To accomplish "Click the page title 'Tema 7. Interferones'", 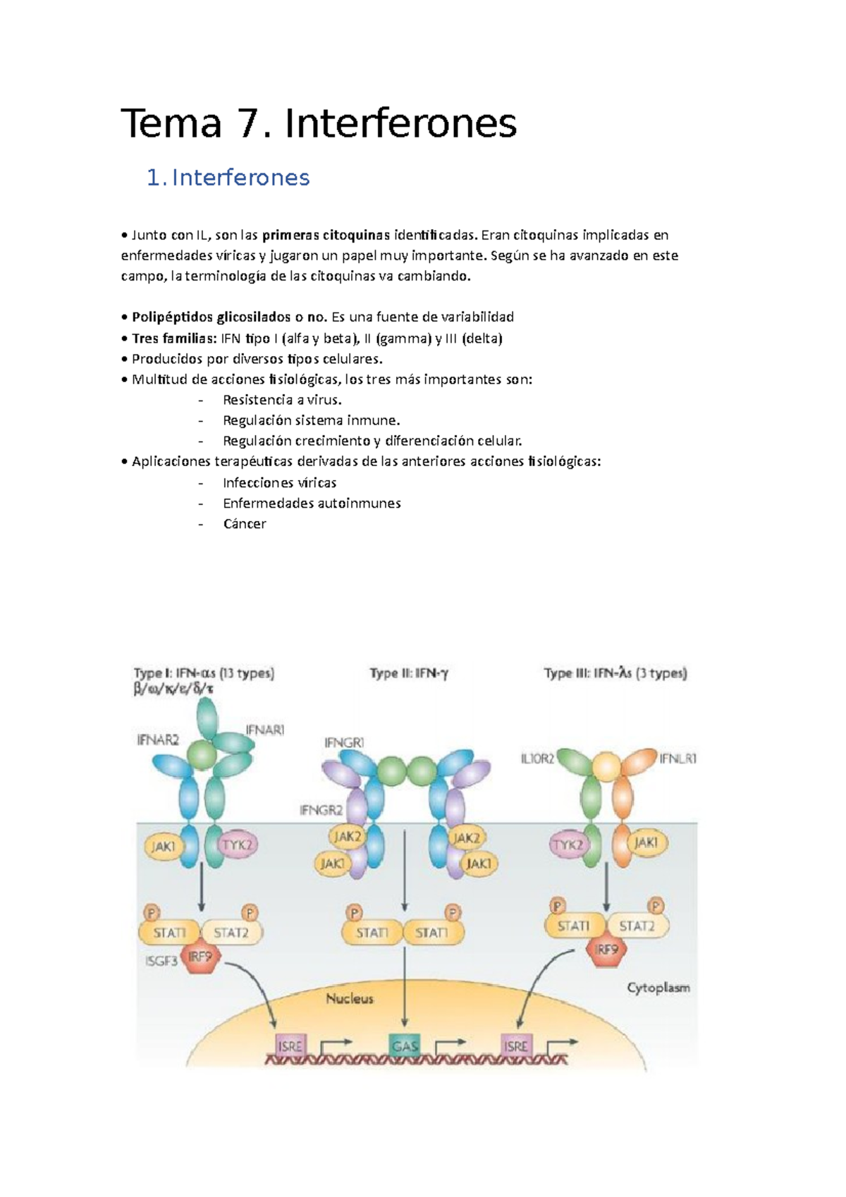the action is [x=319, y=124].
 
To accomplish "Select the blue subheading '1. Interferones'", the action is [x=228, y=178].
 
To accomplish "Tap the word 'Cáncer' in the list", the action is [x=244, y=524].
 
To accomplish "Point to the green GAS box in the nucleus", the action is [x=405, y=1046].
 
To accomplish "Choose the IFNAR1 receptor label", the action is [x=264, y=730].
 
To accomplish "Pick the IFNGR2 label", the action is [x=321, y=811].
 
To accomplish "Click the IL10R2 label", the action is [x=537, y=759].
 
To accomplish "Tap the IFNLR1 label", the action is [x=678, y=759].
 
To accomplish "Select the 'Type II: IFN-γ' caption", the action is [x=409, y=673].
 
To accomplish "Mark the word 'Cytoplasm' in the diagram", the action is [x=658, y=988].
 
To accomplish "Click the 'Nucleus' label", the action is [x=349, y=998].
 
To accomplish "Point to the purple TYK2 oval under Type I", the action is [x=237, y=845].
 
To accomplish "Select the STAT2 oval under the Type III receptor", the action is [x=636, y=926].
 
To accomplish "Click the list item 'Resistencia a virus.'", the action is [x=282, y=400].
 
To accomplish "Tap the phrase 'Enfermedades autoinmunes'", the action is [x=312, y=503].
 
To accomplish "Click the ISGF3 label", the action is [x=161, y=961].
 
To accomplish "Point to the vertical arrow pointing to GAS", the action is [x=405, y=987].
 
